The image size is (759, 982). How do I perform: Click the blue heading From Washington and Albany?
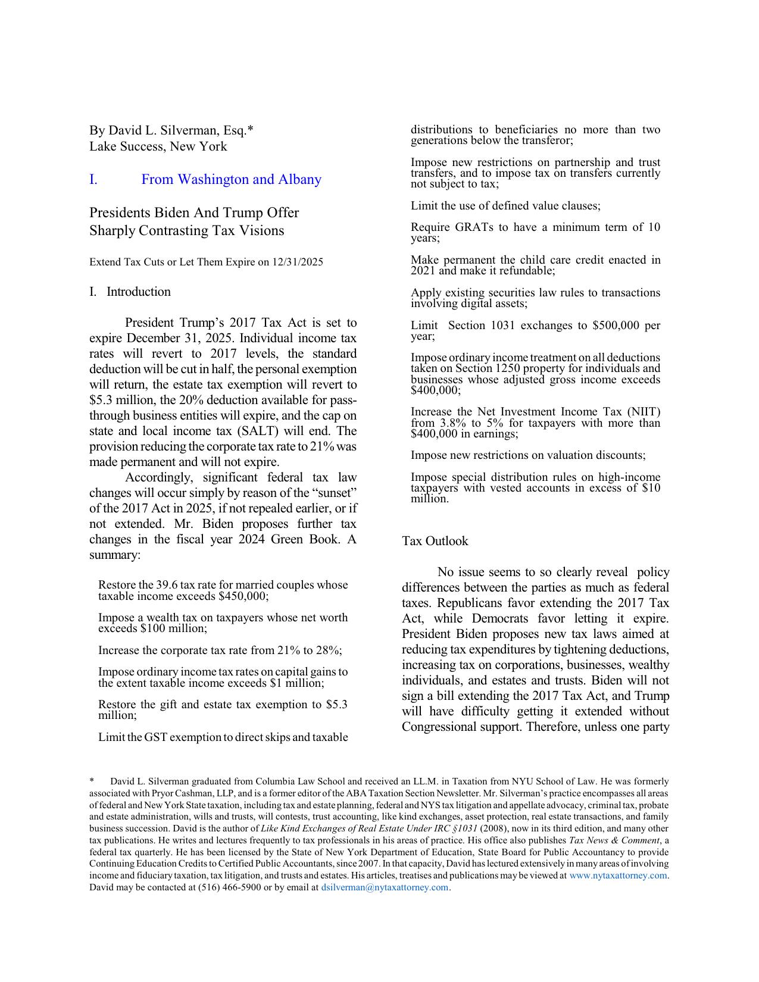[x=231, y=179]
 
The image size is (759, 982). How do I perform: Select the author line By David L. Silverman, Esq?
[x=171, y=130]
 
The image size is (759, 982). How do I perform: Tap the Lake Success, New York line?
[x=158, y=146]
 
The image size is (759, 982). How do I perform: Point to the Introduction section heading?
[x=138, y=292]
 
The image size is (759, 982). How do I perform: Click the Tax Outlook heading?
[x=435, y=541]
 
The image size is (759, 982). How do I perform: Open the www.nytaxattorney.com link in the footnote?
[x=618, y=875]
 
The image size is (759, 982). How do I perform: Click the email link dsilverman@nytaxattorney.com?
[x=385, y=887]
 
